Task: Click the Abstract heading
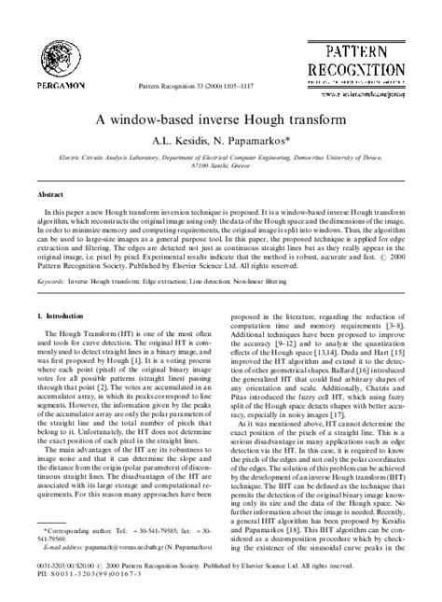tap(50, 195)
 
